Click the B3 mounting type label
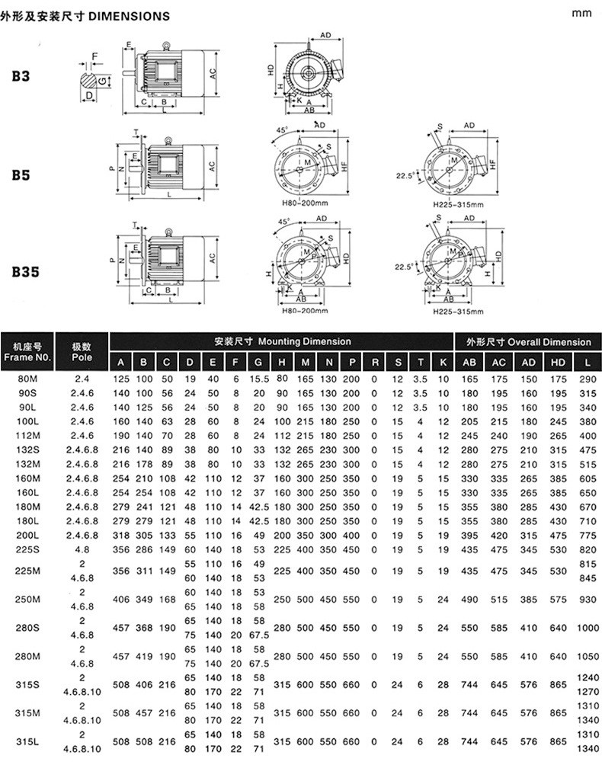pyautogui.click(x=21, y=76)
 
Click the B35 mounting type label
pyautogui.click(x=25, y=272)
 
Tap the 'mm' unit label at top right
pyautogui.click(x=581, y=13)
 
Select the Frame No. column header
pyautogui.click(x=27, y=352)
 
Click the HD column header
pyautogui.click(x=558, y=363)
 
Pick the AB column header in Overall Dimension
pyautogui.click(x=469, y=363)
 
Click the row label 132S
pyautogui.click(x=27, y=450)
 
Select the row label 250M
pyautogui.click(x=27, y=600)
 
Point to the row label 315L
pyautogui.click(x=27, y=741)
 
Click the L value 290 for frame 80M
pyautogui.click(x=588, y=379)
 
